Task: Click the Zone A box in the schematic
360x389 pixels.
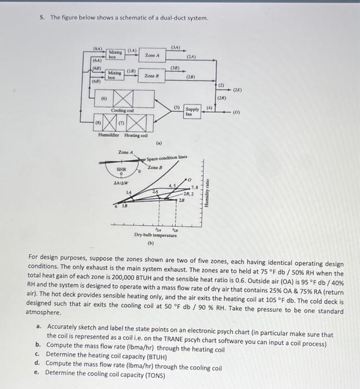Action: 152,56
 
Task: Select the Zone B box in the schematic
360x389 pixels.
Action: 152,76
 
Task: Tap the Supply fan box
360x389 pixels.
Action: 192,111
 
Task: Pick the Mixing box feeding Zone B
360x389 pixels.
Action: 114,74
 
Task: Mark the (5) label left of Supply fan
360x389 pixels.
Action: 177,107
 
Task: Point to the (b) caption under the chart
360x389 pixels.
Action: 150,243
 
